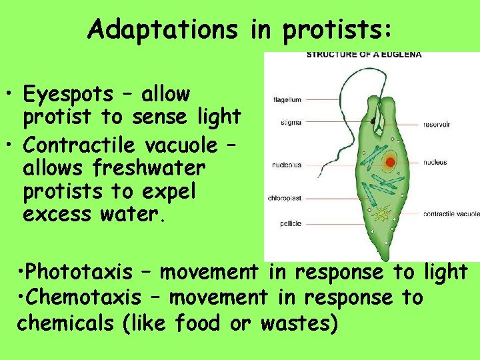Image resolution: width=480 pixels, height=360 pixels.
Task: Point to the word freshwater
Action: point(141,168)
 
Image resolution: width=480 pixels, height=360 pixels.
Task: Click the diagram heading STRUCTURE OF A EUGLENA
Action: point(364,55)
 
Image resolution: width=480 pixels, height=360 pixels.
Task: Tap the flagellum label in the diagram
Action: point(287,100)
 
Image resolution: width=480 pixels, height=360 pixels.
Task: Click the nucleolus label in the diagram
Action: point(287,165)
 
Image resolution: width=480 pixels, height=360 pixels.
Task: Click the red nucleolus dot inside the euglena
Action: point(389,161)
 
